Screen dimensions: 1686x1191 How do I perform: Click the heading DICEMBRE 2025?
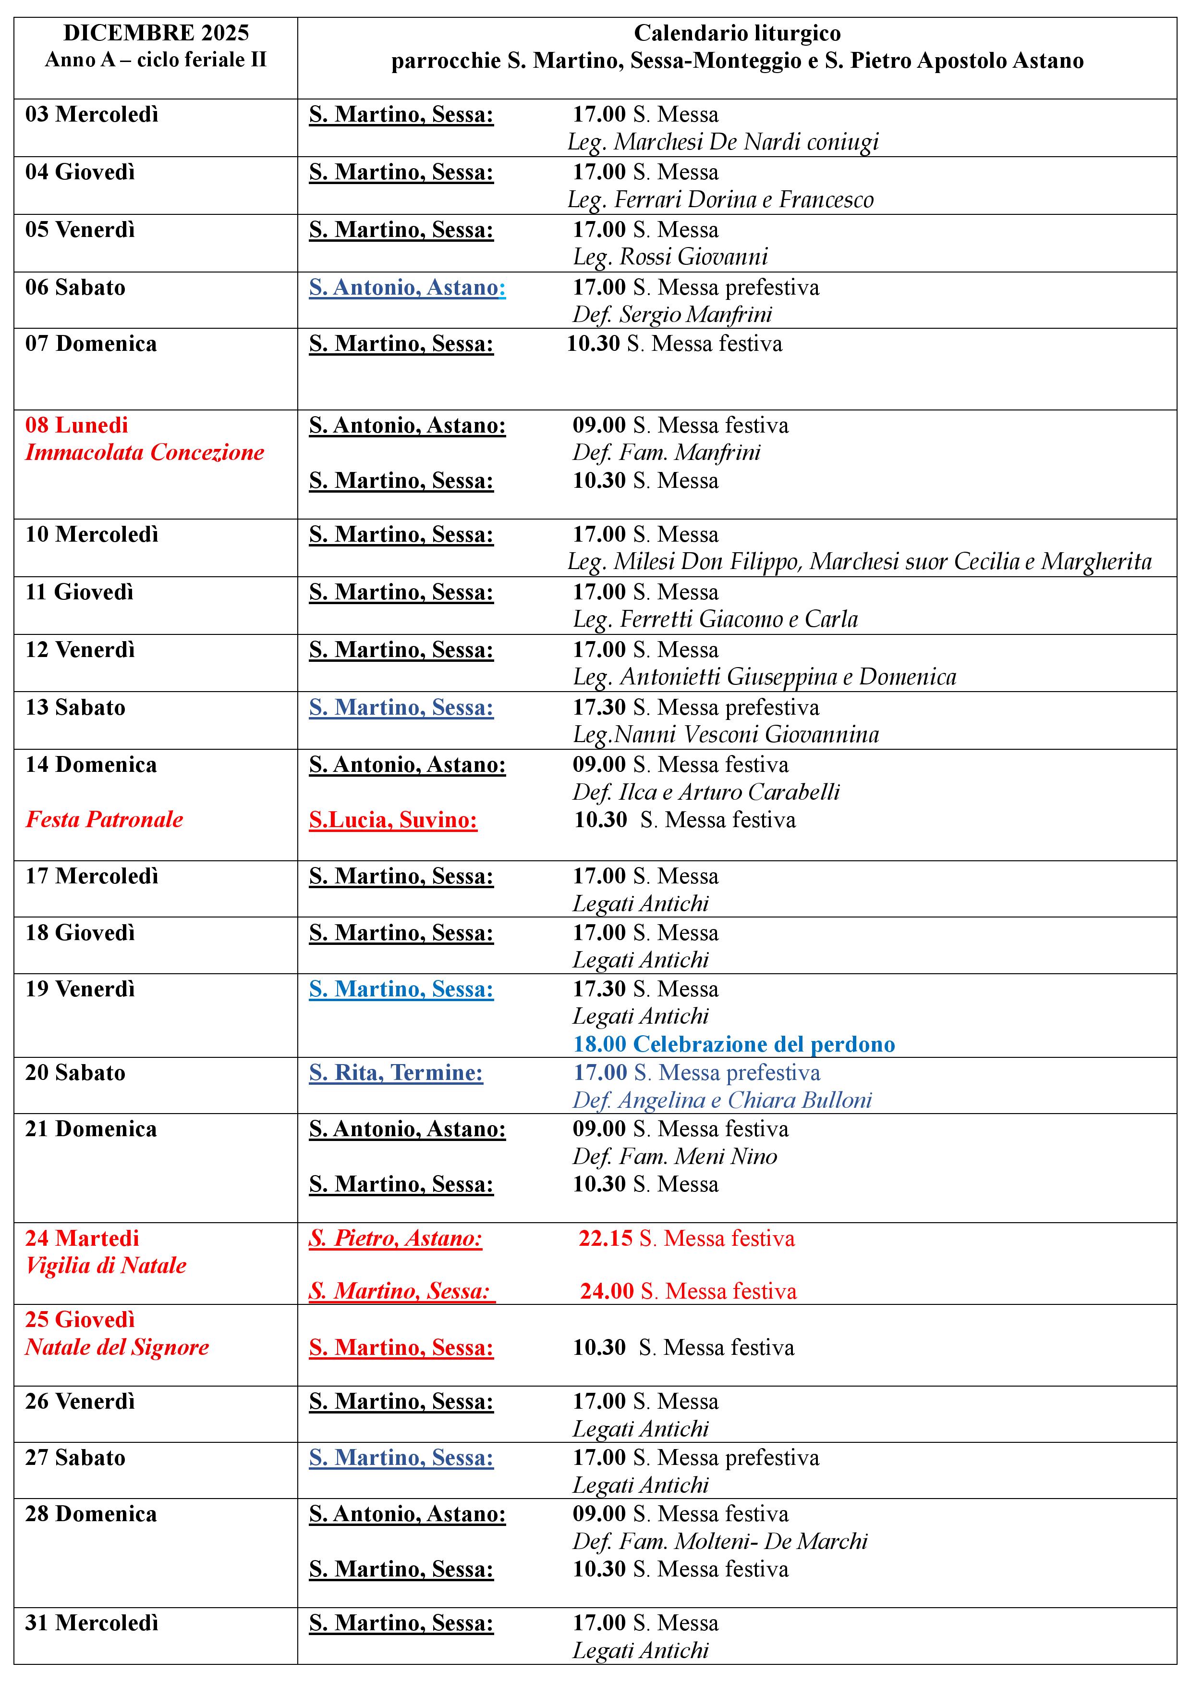(156, 33)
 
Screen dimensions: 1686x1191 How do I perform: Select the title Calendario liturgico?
(737, 33)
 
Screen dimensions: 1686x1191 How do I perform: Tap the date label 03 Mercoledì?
(92, 114)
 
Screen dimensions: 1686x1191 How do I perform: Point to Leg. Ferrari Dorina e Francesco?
(721, 200)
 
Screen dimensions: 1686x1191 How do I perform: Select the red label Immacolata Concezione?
(145, 452)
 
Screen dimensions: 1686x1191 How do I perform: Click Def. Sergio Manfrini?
(672, 315)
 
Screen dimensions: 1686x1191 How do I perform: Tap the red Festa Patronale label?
(104, 819)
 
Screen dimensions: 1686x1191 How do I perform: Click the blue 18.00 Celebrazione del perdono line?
(734, 1044)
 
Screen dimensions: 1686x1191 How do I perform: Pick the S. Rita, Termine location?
(396, 1073)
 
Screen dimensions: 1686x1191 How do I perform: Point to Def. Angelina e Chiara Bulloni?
(722, 1100)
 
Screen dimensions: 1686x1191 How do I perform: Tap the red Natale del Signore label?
(117, 1348)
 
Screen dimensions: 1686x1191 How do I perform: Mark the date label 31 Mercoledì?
(92, 1623)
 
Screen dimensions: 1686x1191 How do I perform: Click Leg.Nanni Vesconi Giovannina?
(726, 735)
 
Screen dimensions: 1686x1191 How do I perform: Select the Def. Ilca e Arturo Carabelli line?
(706, 793)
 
